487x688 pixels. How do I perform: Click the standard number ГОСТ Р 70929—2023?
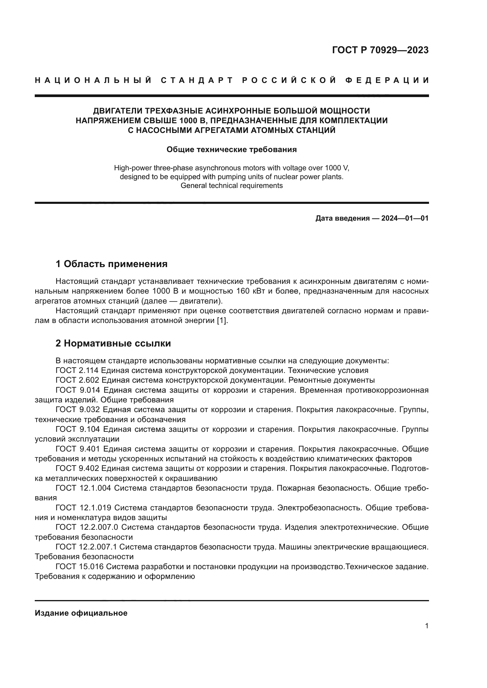380,50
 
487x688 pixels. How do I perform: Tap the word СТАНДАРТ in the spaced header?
197,80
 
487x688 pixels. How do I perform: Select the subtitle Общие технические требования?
231,149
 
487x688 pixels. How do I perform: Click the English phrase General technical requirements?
231,186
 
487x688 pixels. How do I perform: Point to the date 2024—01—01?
405,218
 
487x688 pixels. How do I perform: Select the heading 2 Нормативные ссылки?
113,343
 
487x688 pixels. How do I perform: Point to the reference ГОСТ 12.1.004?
83,488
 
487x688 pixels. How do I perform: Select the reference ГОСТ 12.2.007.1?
86,547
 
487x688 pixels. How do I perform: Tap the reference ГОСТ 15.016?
79,567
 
